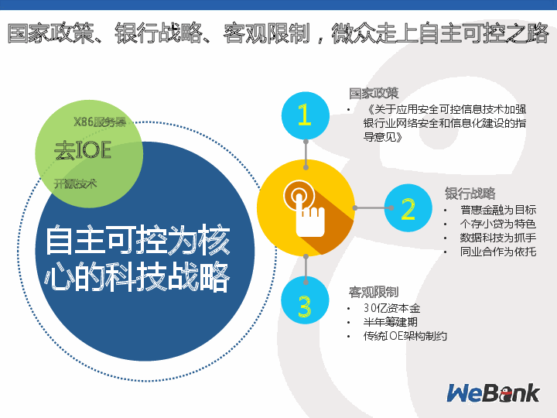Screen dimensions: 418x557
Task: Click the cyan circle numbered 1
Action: click(x=305, y=115)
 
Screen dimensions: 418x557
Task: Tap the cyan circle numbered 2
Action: click(x=408, y=208)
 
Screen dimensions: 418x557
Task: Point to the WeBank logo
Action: click(x=493, y=393)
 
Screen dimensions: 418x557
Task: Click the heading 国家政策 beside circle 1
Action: click(x=374, y=93)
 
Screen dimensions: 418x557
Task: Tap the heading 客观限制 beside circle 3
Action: click(x=374, y=292)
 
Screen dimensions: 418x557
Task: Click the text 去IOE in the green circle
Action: click(x=82, y=149)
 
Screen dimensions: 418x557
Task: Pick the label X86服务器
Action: click(x=99, y=122)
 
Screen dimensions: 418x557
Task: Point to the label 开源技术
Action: click(x=75, y=183)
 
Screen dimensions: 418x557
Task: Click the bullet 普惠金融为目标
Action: click(x=497, y=210)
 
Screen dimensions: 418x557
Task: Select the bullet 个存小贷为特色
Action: click(x=497, y=224)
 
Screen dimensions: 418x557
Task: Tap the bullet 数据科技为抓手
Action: click(x=497, y=238)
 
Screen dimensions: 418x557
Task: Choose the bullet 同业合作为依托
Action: click(x=497, y=252)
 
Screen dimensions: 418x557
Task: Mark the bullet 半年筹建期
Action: click(x=391, y=322)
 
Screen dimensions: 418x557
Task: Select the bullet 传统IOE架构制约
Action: click(x=405, y=336)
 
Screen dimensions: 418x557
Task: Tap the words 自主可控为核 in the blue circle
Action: click(x=138, y=242)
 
